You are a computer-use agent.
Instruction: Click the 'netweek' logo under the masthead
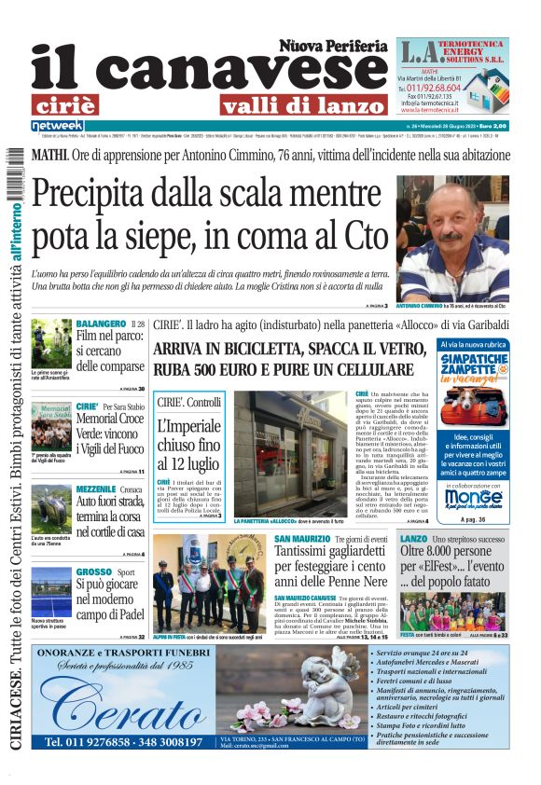coord(58,125)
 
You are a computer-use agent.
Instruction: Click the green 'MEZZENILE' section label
coord(96,489)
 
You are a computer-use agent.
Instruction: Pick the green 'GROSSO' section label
coord(94,572)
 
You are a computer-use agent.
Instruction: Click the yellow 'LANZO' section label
coord(413,539)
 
